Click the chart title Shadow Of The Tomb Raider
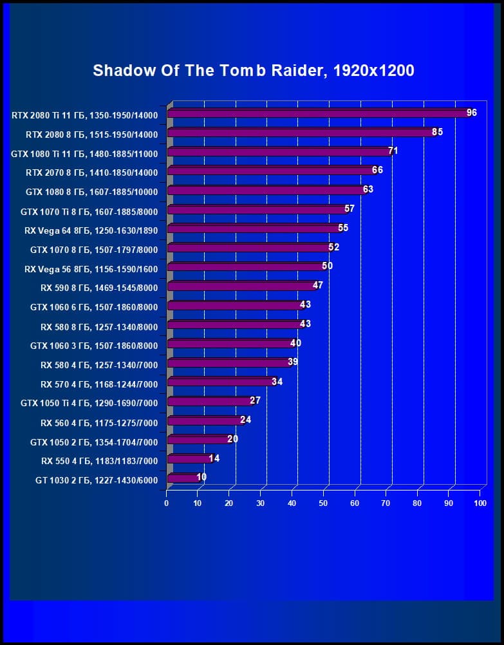(253, 70)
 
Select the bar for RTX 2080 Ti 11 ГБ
(319, 113)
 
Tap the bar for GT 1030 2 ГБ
(183, 478)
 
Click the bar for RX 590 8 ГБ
(241, 286)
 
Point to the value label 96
(472, 113)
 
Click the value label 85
(438, 132)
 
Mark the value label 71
(393, 151)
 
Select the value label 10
(201, 477)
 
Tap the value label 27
(255, 400)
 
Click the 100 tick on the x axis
(480, 503)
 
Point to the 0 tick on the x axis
(167, 503)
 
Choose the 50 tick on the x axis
(324, 503)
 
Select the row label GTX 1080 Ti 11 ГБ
(84, 153)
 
